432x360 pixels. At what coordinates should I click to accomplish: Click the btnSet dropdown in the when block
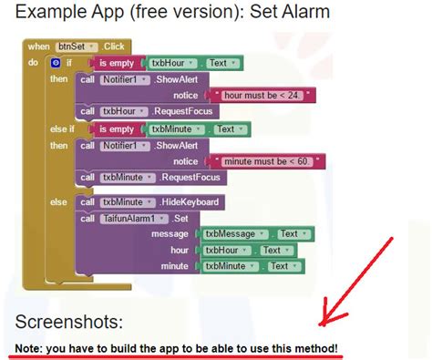pyautogui.click(x=77, y=46)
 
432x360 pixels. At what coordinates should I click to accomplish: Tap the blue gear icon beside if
pyautogui.click(x=55, y=62)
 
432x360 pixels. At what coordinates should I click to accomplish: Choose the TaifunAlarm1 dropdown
pyautogui.click(x=135, y=218)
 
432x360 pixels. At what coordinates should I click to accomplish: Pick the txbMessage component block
pyautogui.click(x=236, y=234)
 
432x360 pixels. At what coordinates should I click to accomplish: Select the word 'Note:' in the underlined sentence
pyautogui.click(x=32, y=349)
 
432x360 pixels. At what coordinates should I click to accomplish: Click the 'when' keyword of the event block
pyautogui.click(x=38, y=46)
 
